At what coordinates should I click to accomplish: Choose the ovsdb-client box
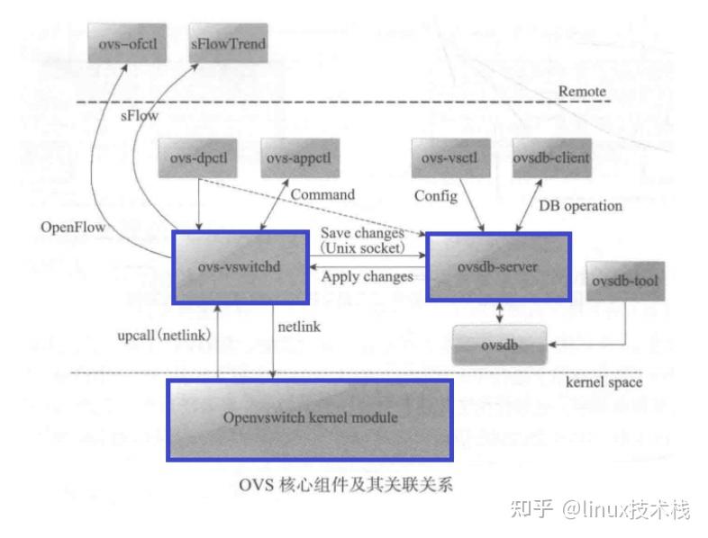551,158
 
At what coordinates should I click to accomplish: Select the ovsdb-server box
498,267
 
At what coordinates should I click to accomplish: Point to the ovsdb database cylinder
499,345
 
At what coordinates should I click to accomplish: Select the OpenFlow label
74,228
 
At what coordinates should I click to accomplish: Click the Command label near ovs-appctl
322,194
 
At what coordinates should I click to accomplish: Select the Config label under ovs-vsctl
435,195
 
